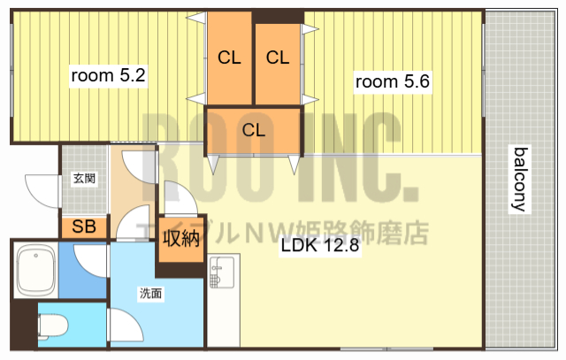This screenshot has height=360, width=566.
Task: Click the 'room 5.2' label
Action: click(108, 76)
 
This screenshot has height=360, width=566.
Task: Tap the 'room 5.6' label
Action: click(392, 82)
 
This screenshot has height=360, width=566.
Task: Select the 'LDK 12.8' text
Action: click(319, 247)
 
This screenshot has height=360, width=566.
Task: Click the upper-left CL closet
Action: click(229, 58)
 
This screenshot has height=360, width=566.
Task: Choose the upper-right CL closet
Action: click(278, 58)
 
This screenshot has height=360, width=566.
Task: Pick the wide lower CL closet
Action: click(254, 129)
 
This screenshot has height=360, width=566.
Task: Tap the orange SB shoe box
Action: click(84, 226)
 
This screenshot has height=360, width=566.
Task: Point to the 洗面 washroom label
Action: click(149, 294)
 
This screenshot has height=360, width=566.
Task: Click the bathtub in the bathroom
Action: click(36, 272)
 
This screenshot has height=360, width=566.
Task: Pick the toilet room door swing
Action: click(124, 326)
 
